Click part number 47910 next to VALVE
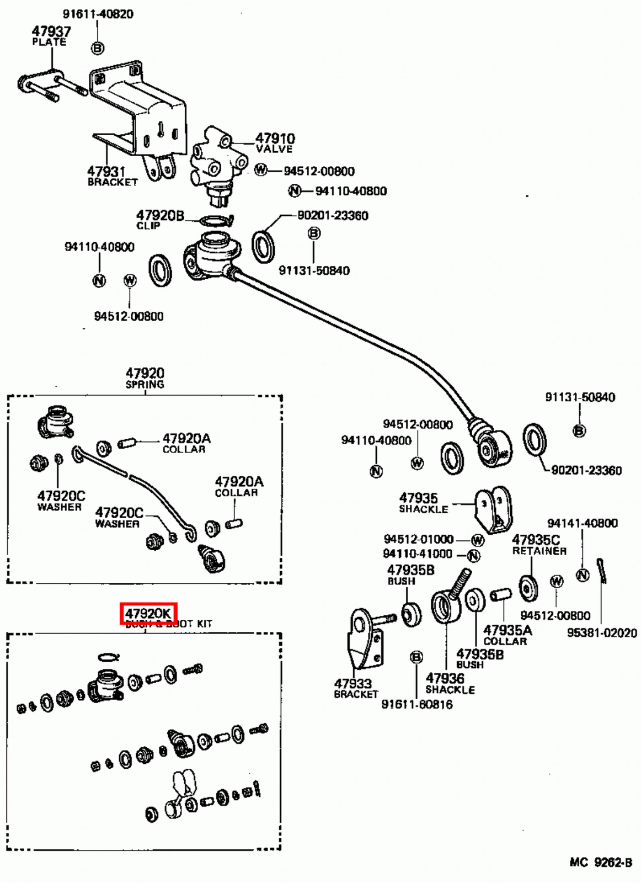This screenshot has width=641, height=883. [x=275, y=138]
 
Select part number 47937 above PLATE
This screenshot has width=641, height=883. [x=51, y=31]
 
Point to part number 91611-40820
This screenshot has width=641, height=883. [x=98, y=14]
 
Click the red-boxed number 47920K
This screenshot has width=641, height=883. [x=148, y=614]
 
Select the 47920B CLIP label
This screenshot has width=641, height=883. [x=159, y=219]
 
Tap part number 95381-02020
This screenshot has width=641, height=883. [x=602, y=632]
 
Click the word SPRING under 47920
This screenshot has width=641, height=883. [x=145, y=385]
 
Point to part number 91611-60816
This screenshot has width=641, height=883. [x=416, y=704]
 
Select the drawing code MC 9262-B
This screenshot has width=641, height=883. [x=600, y=862]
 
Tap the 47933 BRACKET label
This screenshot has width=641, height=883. [x=354, y=688]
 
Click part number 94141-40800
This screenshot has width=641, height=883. [x=582, y=523]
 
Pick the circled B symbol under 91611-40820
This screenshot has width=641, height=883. [x=97, y=49]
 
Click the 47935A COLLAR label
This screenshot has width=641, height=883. [x=506, y=635]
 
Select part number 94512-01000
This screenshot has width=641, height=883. [x=418, y=539]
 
